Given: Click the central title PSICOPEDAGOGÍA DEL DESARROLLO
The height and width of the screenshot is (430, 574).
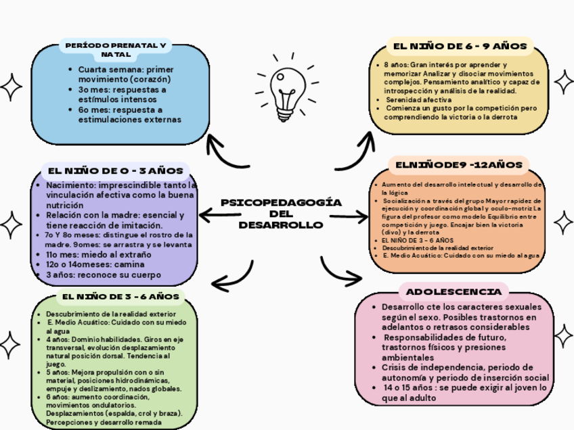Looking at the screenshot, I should pos(281,214).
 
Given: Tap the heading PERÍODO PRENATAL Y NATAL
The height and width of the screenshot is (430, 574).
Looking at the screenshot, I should pos(116,49).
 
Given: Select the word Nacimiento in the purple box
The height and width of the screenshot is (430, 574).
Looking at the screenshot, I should pos(69,185).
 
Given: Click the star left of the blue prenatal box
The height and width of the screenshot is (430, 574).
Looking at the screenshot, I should pos(11,86).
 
